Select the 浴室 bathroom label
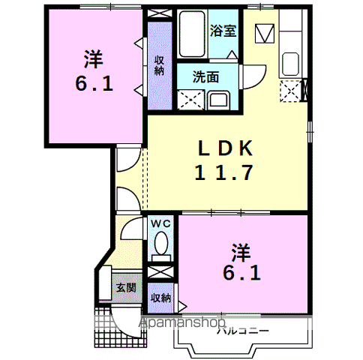pyautogui.click(x=223, y=31)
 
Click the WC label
pyautogui.click(x=160, y=223)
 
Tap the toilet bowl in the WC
pyautogui.click(x=160, y=243)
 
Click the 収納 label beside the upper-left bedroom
pyautogui.click(x=159, y=66)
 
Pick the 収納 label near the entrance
pyautogui.click(x=160, y=298)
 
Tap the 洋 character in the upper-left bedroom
pyautogui.click(x=93, y=56)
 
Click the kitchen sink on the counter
pyautogui.click(x=290, y=65)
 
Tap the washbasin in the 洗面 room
pyautogui.click(x=219, y=100)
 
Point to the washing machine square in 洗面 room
pyautogui.click(x=190, y=99)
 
